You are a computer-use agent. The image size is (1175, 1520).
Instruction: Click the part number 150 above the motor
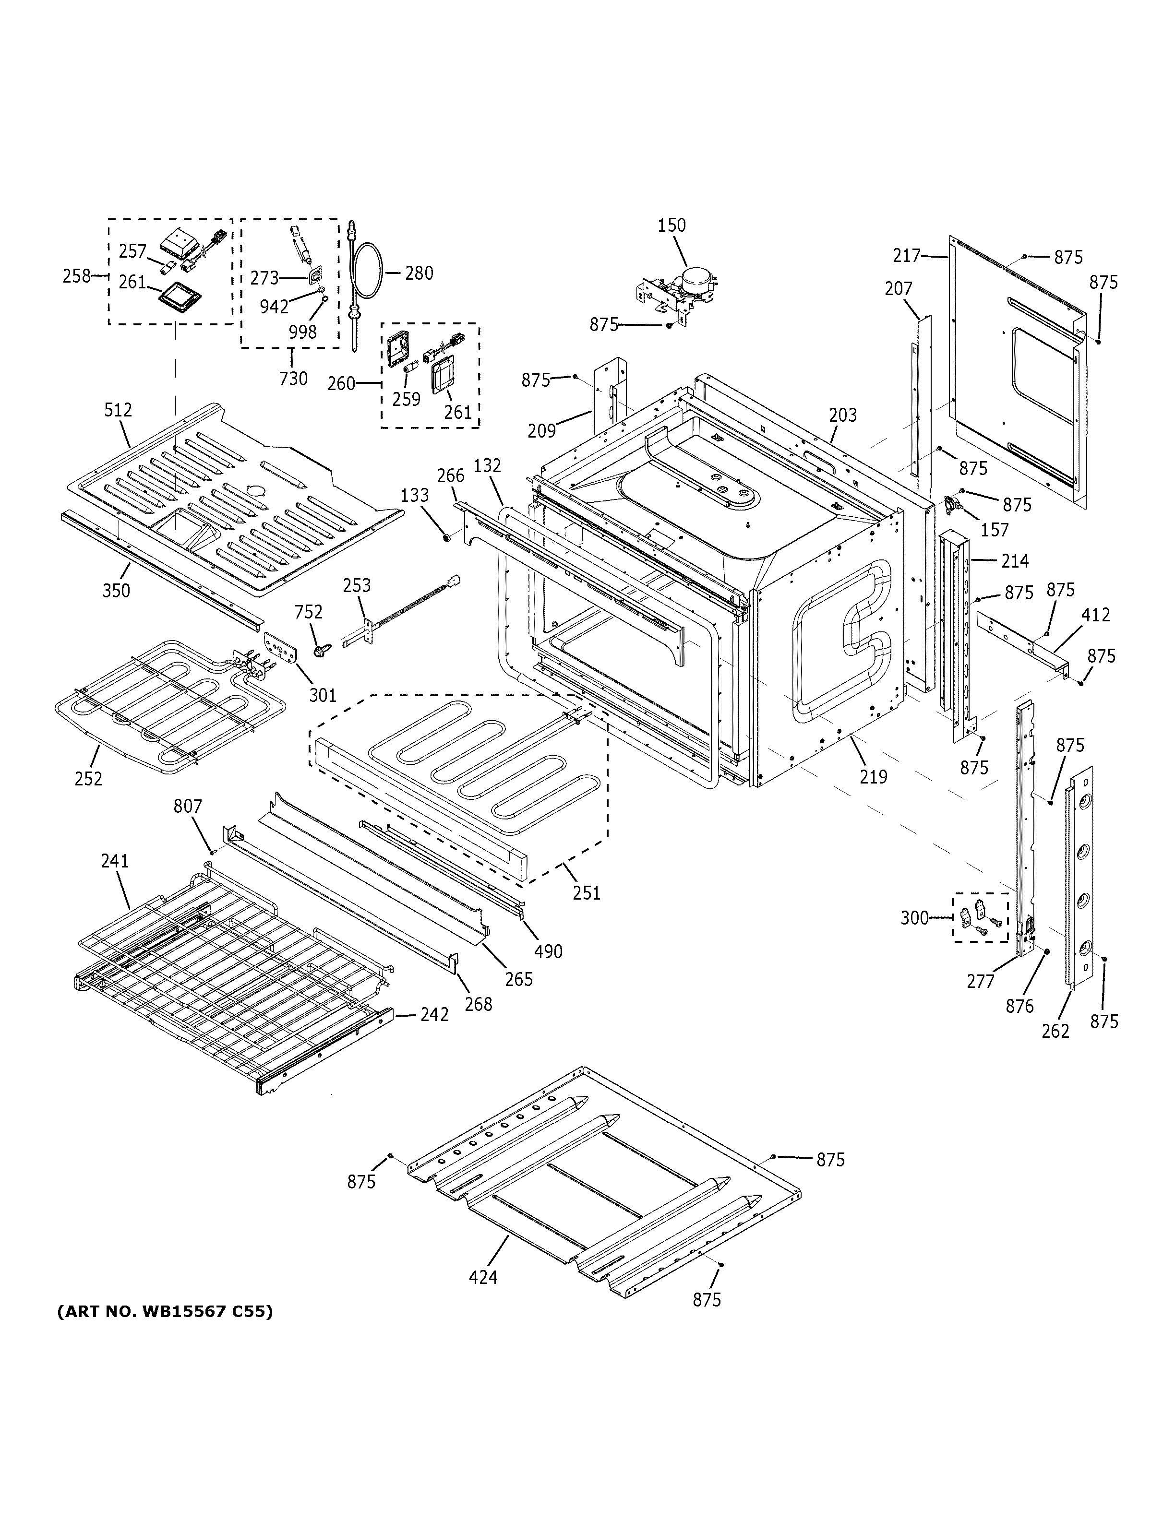coord(671,226)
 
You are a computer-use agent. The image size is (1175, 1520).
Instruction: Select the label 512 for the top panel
coord(119,410)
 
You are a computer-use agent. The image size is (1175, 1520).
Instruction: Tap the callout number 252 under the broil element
coord(88,779)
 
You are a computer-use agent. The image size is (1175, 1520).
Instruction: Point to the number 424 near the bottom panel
coord(483,1277)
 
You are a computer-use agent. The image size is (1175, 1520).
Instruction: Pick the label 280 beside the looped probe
coord(419,273)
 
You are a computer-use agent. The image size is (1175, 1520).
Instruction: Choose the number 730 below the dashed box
coord(293,379)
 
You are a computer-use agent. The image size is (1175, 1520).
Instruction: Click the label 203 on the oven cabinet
coord(843,415)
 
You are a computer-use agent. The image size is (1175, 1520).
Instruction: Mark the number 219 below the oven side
coord(874,777)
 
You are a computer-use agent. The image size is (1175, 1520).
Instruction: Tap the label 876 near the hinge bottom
coord(1020,1006)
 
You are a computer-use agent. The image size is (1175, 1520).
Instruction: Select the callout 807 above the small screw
coord(187,807)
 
